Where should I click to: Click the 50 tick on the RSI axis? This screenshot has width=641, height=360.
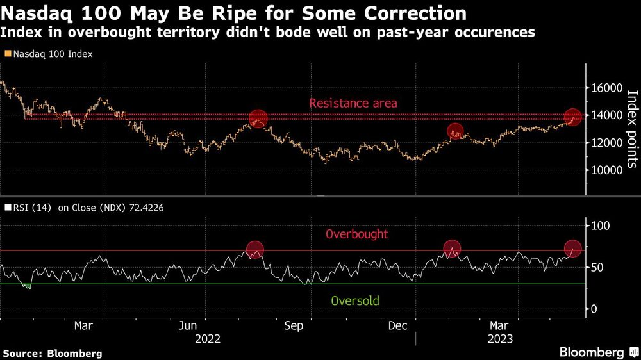pos(597,267)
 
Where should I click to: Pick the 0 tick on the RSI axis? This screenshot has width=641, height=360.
pos(594,309)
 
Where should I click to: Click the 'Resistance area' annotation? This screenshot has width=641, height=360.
pos(353,103)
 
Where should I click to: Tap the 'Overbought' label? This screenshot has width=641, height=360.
pos(356,234)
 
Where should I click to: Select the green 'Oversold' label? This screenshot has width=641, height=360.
pos(355,300)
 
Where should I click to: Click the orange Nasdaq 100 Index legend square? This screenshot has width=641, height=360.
pos(6,54)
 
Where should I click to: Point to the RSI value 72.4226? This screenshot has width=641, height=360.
pos(145,208)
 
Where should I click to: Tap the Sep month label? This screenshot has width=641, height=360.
pos(294,326)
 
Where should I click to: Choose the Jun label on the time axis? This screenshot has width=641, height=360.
pos(188,326)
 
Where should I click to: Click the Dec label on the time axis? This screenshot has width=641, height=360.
pos(398,326)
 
